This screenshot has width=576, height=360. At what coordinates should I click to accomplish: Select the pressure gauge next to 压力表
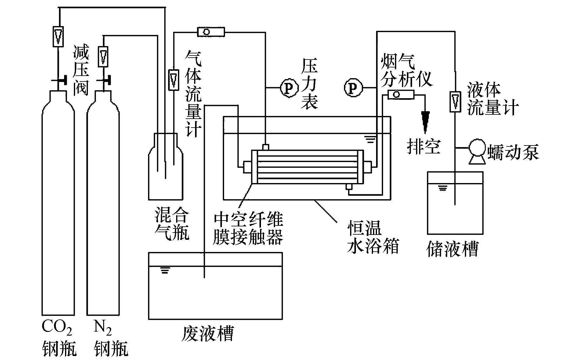[x=289, y=88]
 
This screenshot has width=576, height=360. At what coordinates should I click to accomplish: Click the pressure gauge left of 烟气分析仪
[x=353, y=88]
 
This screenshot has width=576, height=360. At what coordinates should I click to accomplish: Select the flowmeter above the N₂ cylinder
[x=103, y=56]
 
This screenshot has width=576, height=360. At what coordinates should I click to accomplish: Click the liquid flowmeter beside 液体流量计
[x=455, y=102]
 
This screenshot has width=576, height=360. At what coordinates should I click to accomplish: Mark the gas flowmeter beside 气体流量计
[x=173, y=80]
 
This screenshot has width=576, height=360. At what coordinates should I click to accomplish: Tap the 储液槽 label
[x=452, y=249]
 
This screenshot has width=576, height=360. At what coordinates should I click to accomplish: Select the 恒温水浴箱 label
[x=373, y=236]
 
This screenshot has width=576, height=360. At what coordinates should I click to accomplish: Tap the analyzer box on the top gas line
[x=211, y=31]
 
